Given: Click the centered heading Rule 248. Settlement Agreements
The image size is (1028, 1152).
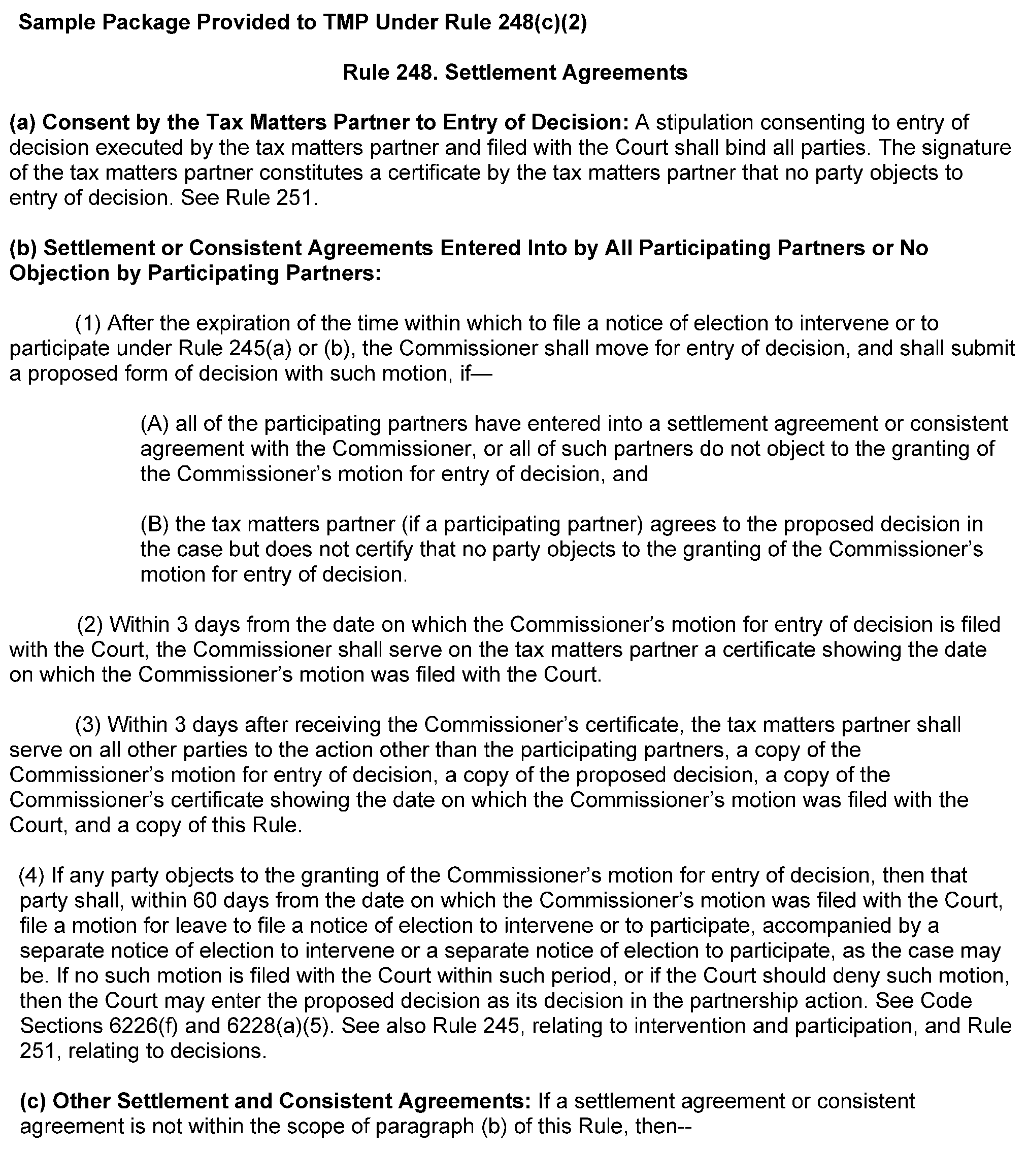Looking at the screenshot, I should [x=515, y=72].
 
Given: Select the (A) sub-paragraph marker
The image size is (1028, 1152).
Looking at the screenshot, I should [x=154, y=424].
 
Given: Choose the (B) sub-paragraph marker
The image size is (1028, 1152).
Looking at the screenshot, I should [x=154, y=525].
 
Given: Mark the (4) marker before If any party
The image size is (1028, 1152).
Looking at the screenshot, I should [x=31, y=875].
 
